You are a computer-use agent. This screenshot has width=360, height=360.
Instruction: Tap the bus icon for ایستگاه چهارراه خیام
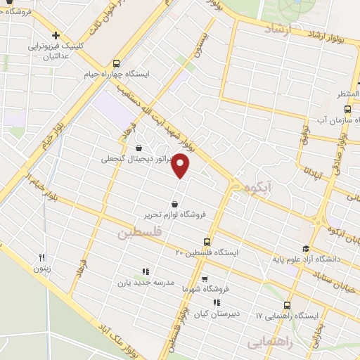(117, 63)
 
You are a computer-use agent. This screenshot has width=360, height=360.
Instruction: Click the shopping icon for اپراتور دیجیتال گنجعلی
(138, 148)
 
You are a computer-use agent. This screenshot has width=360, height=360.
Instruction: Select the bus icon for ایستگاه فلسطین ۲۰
(207, 240)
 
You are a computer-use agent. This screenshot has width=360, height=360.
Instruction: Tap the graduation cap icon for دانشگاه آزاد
(305, 248)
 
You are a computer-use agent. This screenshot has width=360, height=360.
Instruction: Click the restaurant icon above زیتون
(41, 258)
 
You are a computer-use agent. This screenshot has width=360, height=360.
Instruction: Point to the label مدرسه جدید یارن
(145, 283)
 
